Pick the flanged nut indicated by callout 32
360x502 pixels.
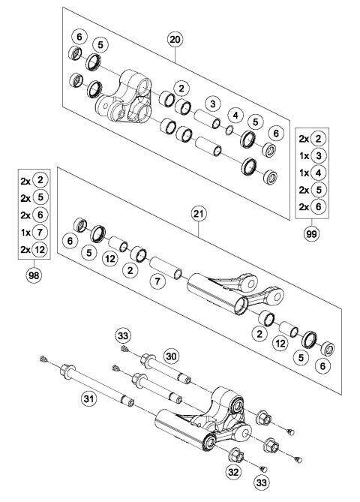(231, 453)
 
